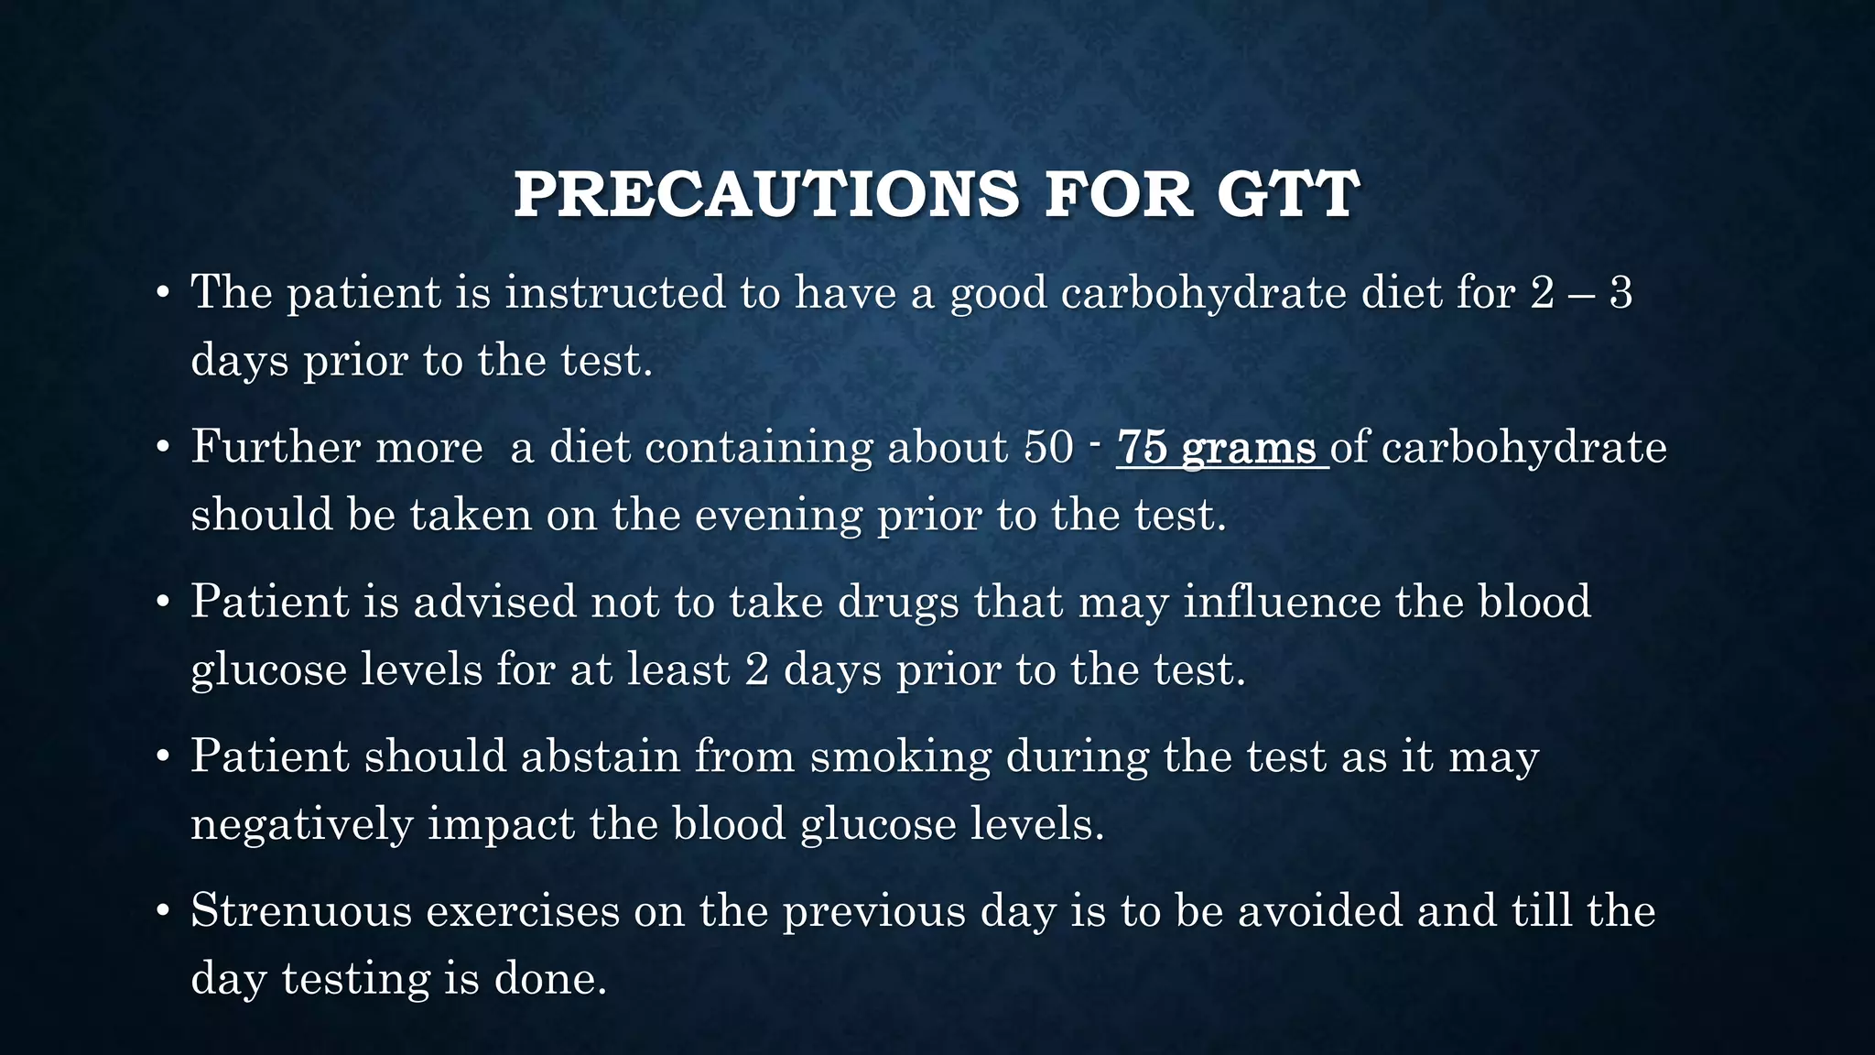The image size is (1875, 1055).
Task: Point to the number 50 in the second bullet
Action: pyautogui.click(x=1048, y=448)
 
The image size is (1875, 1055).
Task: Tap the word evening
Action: pyautogui.click(x=778, y=516)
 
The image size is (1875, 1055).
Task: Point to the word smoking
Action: pyautogui.click(x=901, y=757)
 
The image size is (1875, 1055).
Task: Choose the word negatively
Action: pyautogui.click(x=301, y=824)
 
